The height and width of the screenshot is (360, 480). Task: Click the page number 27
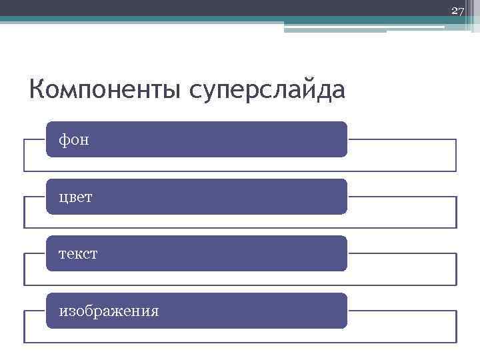pos(457,11)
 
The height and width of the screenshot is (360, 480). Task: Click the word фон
pos(74,140)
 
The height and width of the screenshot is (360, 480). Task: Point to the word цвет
pos(76,197)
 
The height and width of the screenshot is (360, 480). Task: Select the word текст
pos(79,254)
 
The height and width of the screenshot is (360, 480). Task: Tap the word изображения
pos(109,311)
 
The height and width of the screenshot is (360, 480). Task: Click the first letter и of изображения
pos(63,311)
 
